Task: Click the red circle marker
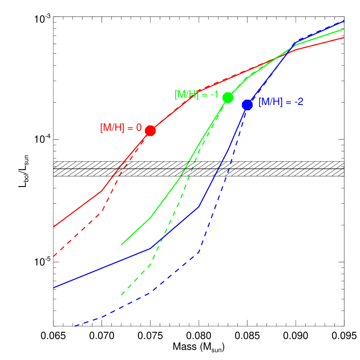coord(150,131)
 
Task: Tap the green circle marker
coord(228,98)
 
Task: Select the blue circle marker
coord(247,105)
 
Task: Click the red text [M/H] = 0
coord(121,128)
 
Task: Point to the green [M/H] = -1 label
coord(196,95)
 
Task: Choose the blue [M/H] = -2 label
coord(281,102)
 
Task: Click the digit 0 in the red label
coord(139,128)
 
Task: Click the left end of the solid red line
coord(54,227)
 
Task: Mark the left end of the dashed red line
coord(54,256)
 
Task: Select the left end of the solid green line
coord(121,245)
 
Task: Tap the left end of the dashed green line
coord(121,295)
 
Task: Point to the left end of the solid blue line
coord(54,288)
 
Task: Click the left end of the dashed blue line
coord(75,325)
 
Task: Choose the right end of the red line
coord(344,38)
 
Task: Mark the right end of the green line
coord(344,29)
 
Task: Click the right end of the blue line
coord(344,21)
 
